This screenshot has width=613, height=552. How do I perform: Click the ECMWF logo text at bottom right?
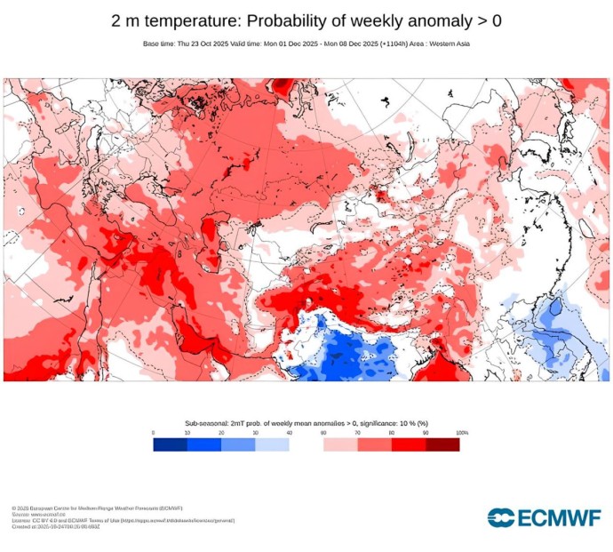pyautogui.click(x=555, y=517)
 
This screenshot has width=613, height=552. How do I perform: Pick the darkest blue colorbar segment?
pyautogui.click(x=170, y=444)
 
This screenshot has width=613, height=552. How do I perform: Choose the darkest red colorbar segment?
pyautogui.click(x=442, y=444)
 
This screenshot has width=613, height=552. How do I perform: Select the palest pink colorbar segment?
pyautogui.click(x=340, y=444)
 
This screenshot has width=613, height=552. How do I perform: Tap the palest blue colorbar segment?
pyautogui.click(x=272, y=444)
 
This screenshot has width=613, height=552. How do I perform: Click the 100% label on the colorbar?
pyautogui.click(x=462, y=433)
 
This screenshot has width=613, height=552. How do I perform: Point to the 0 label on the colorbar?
pyautogui.click(x=153, y=433)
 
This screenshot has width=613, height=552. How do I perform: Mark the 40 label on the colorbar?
pyautogui.click(x=289, y=433)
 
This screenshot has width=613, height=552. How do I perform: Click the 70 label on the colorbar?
pyautogui.click(x=357, y=433)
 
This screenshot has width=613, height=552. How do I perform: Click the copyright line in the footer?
pyautogui.click(x=97, y=508)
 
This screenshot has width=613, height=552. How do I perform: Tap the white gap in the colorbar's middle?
pyautogui.click(x=306, y=444)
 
